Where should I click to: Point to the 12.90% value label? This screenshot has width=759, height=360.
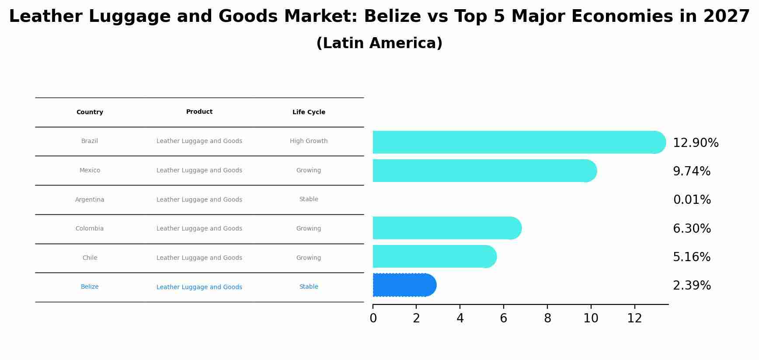695,143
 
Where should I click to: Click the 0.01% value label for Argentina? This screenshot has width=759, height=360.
692,200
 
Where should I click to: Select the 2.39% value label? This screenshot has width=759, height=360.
692,286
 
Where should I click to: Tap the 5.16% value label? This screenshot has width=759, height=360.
692,257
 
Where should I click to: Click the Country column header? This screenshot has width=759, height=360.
90,112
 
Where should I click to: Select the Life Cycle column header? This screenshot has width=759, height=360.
309,112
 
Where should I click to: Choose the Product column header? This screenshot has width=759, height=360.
199,112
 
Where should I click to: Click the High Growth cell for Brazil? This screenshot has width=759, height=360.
309,141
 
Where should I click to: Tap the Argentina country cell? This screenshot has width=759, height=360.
90,199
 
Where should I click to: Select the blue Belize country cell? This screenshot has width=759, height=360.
90,287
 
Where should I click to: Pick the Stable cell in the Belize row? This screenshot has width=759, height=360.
309,287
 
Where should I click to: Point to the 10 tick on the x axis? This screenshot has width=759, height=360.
591,318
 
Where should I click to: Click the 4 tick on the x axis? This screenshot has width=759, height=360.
460,318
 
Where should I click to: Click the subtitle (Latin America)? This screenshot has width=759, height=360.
379,43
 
